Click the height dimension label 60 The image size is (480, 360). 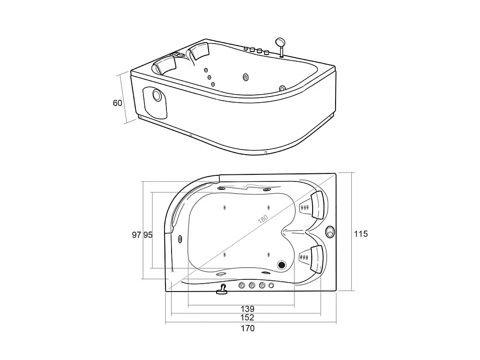118,103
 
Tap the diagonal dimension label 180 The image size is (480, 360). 263,219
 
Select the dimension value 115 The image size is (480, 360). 360,234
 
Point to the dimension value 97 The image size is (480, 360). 136,235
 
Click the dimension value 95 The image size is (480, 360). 148,235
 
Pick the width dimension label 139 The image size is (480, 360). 247,308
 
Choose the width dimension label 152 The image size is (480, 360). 247,317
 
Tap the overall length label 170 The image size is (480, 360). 247,328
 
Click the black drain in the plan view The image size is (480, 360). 281,265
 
